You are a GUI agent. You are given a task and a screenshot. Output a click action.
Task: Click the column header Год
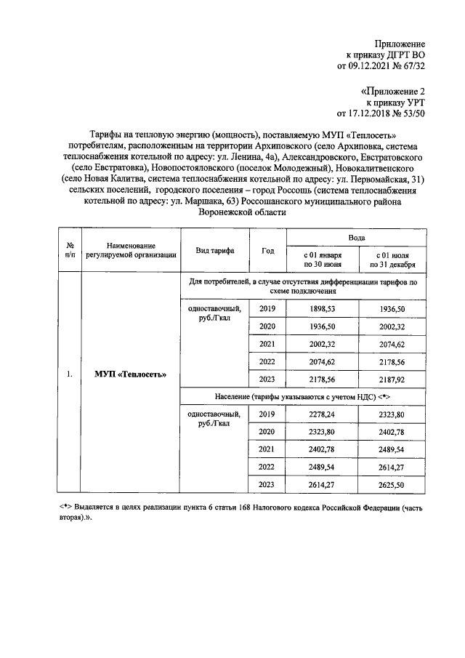[267, 250]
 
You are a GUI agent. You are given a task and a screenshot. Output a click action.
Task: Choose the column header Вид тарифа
[214, 250]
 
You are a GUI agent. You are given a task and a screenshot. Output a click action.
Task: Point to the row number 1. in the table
[69, 375]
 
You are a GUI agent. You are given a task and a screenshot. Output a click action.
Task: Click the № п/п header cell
[69, 250]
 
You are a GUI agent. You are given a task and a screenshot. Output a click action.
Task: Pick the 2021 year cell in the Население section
[267, 449]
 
